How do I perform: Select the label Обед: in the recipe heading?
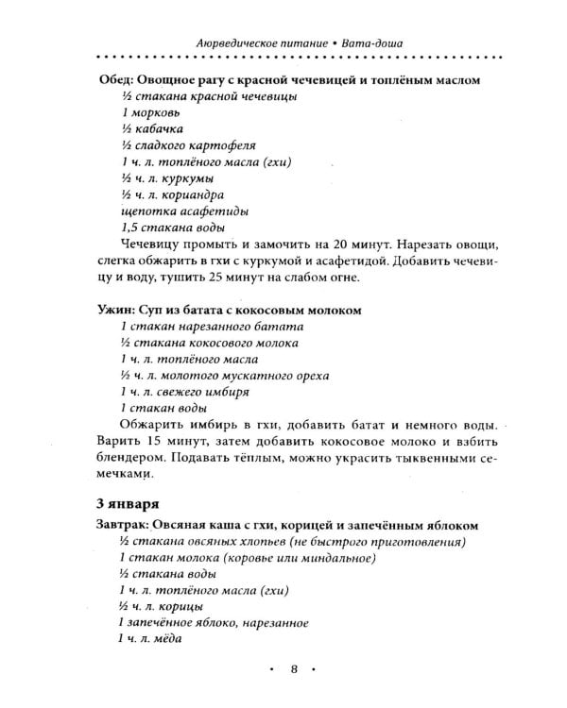click(x=117, y=80)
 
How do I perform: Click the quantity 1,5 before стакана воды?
click(x=130, y=227)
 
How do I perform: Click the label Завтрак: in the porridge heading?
click(x=128, y=525)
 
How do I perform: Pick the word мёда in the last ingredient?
click(x=165, y=639)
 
